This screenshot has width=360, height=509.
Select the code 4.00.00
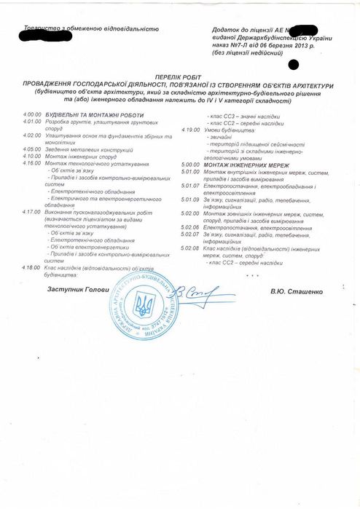pyautogui.click(x=33, y=115)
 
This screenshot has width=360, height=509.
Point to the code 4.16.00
pyautogui.click(x=32, y=163)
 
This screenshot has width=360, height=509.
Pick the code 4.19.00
pyautogui.click(x=191, y=130)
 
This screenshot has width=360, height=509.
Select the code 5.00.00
pyautogui.click(x=191, y=165)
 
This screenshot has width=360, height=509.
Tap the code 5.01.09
pyautogui.click(x=191, y=199)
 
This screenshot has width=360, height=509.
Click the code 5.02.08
pyautogui.click(x=191, y=248)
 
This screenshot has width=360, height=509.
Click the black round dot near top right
pyautogui.click(x=294, y=64)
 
